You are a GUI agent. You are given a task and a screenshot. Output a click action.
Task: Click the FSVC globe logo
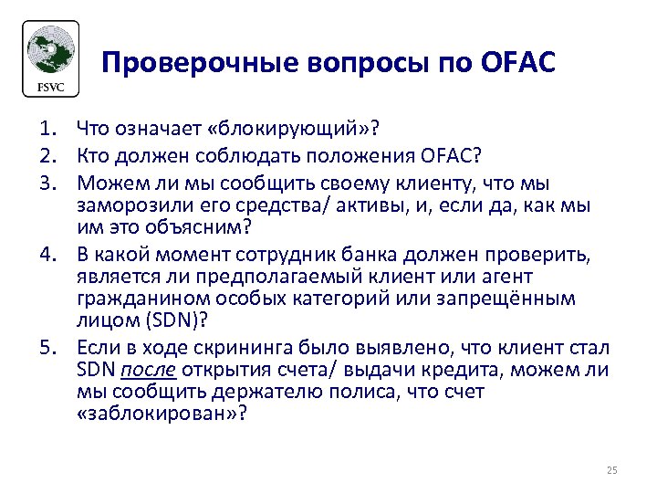coord(51,57)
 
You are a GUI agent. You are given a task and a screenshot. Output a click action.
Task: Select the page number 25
coord(611,470)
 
